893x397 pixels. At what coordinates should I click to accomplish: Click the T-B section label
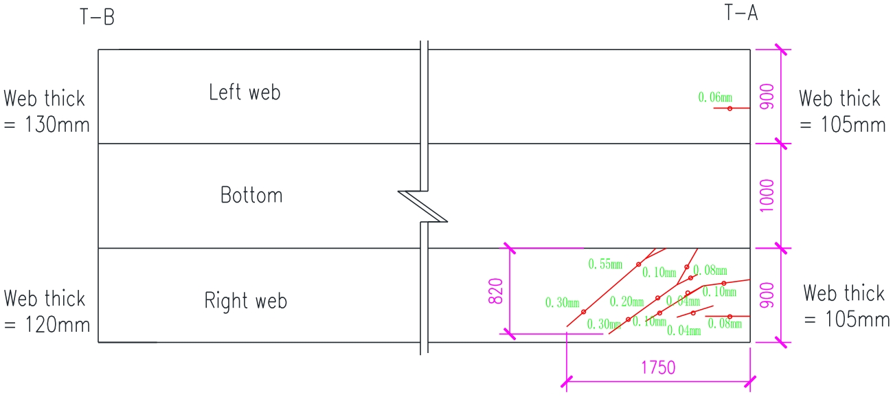click(x=97, y=17)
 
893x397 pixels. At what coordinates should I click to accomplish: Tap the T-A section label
click(x=741, y=12)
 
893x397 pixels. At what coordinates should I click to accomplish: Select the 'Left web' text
click(x=245, y=92)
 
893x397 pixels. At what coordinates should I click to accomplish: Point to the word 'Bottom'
click(x=251, y=195)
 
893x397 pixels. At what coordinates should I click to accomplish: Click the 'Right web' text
click(x=245, y=301)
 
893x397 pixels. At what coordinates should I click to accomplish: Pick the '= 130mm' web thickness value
click(x=47, y=126)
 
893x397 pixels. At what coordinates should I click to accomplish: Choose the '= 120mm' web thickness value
click(x=47, y=324)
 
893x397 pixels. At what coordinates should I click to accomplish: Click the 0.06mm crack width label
click(x=715, y=98)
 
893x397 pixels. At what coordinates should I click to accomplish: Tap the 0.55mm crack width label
click(x=605, y=264)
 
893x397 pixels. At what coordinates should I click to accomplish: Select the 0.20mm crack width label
click(x=626, y=301)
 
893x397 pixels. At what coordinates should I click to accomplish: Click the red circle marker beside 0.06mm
click(x=730, y=109)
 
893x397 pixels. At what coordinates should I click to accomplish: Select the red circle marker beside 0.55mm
click(x=638, y=264)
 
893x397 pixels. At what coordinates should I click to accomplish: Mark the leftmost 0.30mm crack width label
click(x=562, y=302)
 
